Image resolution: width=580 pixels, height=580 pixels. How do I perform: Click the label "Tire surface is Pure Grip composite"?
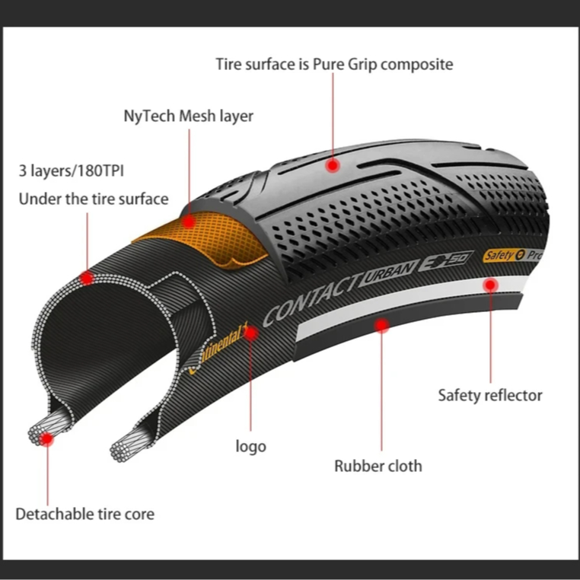[x=334, y=64]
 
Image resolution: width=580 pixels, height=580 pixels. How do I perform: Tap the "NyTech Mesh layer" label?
[x=188, y=116]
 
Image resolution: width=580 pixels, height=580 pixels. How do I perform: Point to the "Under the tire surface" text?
[x=93, y=199]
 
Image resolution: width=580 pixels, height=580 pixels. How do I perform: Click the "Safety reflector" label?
[x=490, y=395]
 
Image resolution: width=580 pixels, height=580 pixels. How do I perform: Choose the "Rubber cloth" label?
[x=378, y=465]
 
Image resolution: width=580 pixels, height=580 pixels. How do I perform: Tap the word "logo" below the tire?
[x=250, y=446]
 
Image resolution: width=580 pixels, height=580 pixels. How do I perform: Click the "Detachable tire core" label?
[x=84, y=514]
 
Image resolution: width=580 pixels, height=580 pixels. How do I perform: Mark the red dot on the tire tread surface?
[x=332, y=164]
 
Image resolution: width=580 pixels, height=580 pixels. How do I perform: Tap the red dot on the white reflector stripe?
[x=491, y=285]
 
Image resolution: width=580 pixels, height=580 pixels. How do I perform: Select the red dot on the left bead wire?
[x=47, y=439]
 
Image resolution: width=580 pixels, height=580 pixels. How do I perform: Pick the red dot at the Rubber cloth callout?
[x=381, y=326]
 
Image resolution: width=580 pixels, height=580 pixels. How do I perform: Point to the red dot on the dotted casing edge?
[x=87, y=278]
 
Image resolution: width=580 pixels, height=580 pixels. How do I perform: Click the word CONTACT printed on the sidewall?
[x=312, y=298]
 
